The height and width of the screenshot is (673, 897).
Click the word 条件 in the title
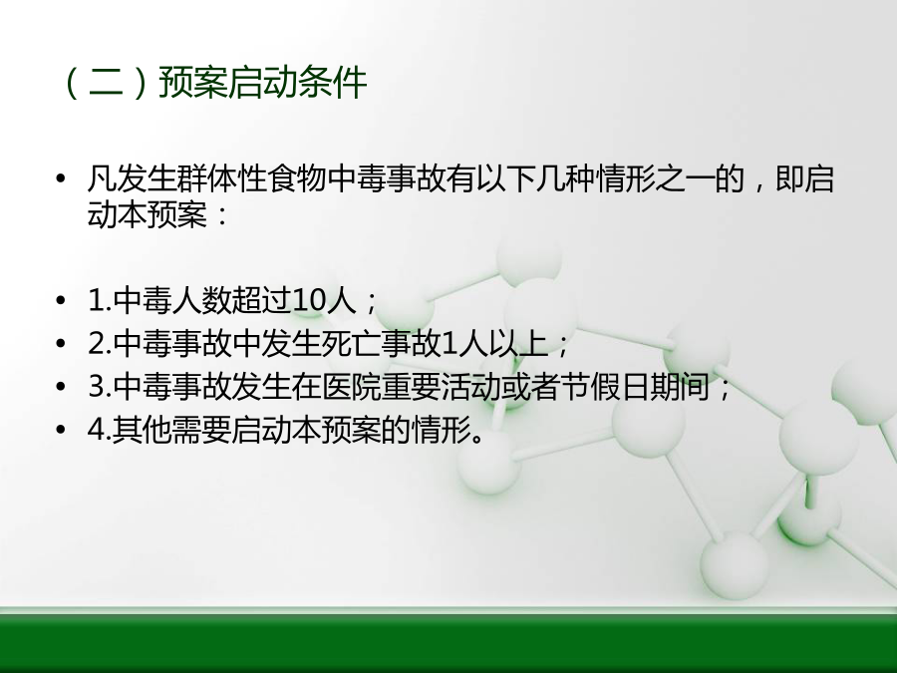[x=332, y=83]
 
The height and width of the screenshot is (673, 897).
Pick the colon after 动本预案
[x=222, y=216]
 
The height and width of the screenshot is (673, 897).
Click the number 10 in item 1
[x=310, y=300]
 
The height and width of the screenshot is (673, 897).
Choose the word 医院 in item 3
[x=351, y=386]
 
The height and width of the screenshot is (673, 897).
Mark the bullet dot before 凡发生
[x=61, y=179]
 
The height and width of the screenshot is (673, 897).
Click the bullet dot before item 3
[x=61, y=387]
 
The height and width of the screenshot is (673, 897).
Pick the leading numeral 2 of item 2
[x=96, y=344]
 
